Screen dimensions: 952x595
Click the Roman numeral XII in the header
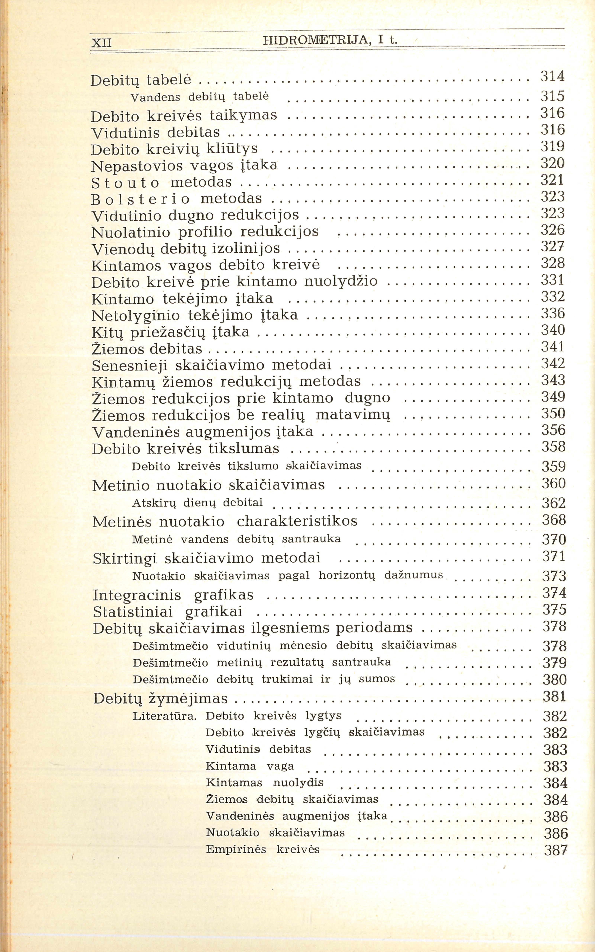point(101,42)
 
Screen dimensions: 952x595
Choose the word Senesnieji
point(130,365)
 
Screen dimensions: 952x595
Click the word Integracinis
point(137,595)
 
